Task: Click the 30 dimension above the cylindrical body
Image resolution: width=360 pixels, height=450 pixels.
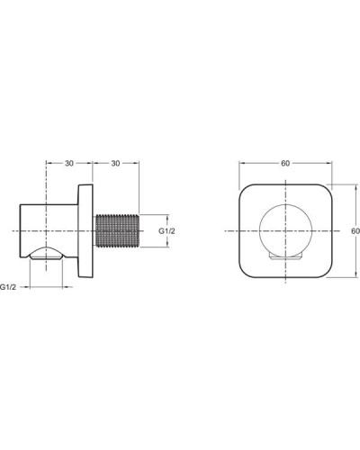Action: [68, 164]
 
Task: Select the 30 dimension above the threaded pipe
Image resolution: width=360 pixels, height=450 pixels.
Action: [116, 164]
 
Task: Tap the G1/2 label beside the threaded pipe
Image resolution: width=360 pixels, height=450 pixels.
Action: [167, 231]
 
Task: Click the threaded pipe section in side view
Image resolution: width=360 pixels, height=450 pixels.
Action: [116, 231]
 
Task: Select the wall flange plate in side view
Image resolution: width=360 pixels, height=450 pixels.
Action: [87, 231]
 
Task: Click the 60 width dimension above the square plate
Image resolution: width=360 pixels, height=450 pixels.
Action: [285, 164]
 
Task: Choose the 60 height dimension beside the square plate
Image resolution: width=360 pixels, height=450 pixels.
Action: [354, 230]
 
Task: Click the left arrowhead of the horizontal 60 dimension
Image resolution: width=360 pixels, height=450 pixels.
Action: [241, 171]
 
